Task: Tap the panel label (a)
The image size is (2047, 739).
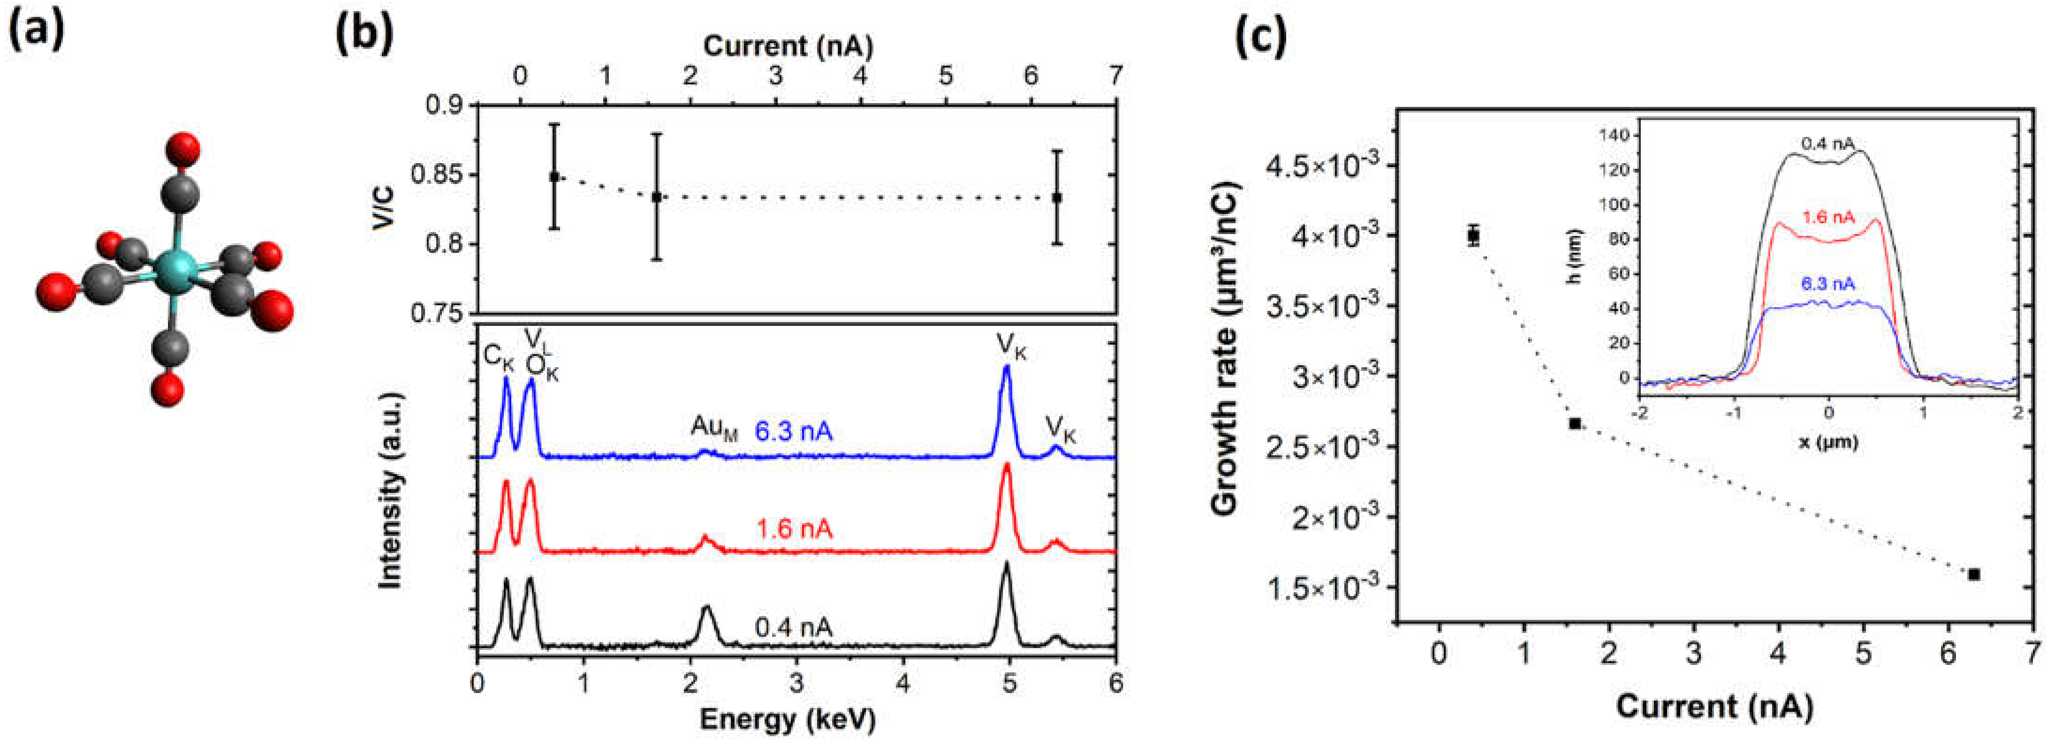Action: pyautogui.click(x=36, y=36)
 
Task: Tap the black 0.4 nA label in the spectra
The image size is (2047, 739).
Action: pyautogui.click(x=793, y=628)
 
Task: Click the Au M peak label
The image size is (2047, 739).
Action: pyautogui.click(x=713, y=428)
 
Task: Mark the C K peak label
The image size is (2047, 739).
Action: pyautogui.click(x=499, y=358)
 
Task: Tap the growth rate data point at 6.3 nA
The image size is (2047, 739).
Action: pyautogui.click(x=1974, y=574)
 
